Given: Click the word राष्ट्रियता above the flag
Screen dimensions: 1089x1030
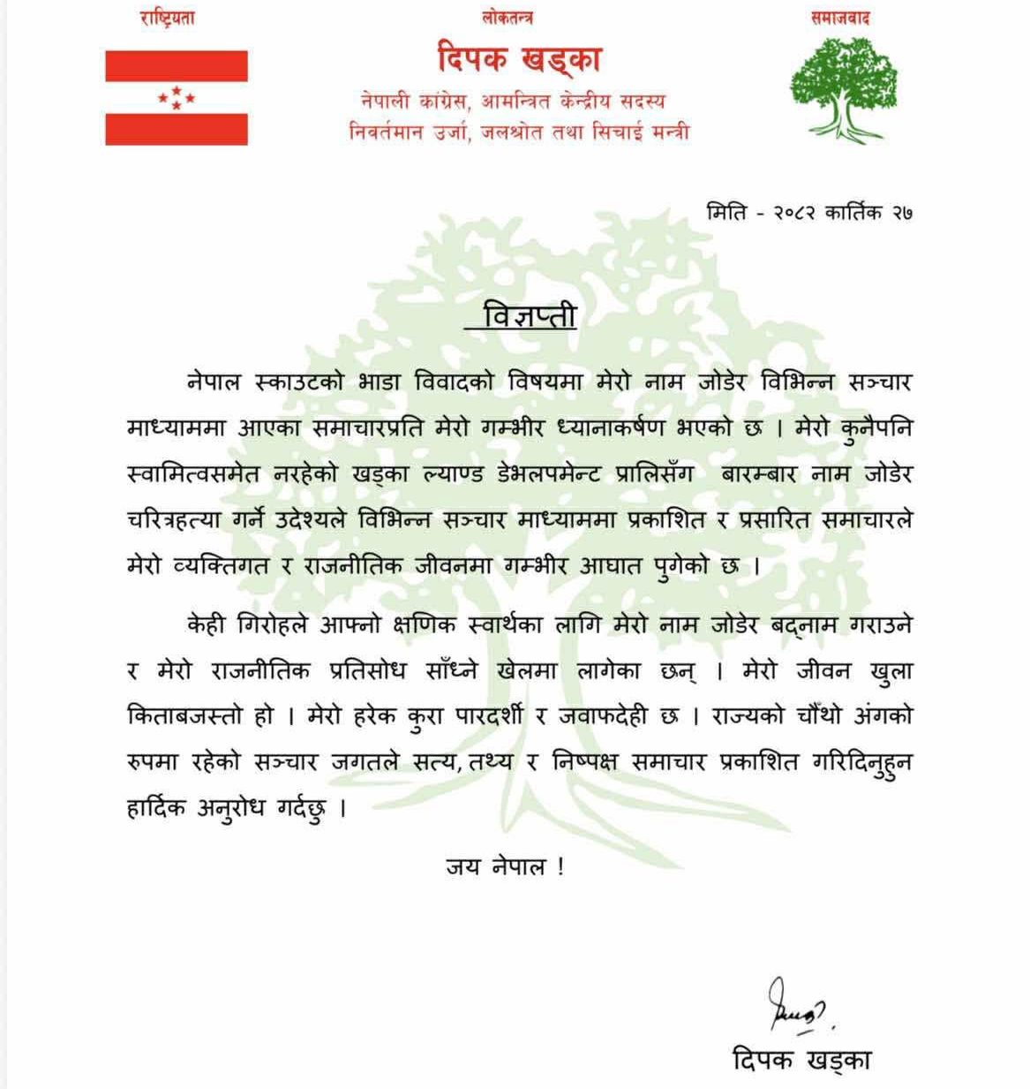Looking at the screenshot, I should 167,18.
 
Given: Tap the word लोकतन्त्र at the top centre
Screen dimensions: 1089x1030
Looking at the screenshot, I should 507,18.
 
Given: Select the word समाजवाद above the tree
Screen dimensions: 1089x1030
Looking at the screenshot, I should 840,18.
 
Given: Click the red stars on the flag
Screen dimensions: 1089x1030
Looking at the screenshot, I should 177,97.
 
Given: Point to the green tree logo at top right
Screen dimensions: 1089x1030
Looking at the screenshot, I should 844,88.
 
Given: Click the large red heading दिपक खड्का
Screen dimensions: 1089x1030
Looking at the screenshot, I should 520,59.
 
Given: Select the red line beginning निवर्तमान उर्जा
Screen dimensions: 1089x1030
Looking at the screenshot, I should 519,132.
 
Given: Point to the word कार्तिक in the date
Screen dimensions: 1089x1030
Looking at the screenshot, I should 853,213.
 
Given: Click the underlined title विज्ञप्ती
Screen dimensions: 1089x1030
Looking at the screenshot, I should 530,314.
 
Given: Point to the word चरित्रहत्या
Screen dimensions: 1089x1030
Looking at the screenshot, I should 173,520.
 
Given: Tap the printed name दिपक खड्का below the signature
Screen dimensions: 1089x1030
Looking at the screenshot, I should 801,1059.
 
